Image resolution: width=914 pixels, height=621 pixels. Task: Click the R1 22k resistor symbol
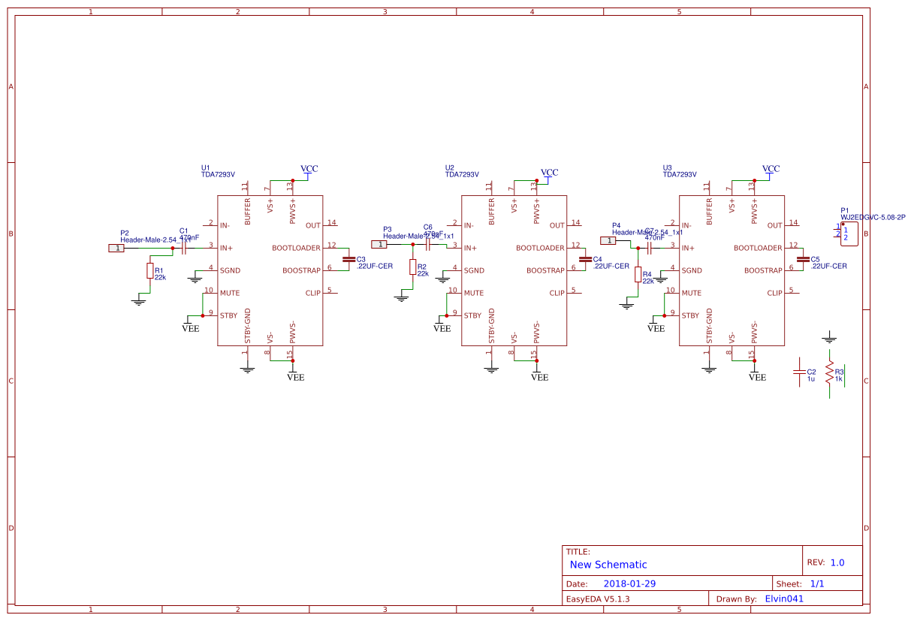[149, 271]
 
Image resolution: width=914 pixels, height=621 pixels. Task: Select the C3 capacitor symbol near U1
[348, 259]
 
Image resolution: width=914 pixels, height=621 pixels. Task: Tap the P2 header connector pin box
[116, 248]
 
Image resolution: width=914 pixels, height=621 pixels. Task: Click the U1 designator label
[206, 167]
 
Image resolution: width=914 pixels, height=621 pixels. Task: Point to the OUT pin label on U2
[557, 225]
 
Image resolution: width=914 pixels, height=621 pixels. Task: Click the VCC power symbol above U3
[771, 170]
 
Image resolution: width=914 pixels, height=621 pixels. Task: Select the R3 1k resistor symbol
[829, 373]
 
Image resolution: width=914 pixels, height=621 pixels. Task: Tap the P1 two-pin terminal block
[849, 234]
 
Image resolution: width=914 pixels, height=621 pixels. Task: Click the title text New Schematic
[608, 565]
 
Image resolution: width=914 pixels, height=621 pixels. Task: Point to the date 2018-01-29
[629, 583]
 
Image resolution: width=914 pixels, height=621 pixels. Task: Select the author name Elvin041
[784, 599]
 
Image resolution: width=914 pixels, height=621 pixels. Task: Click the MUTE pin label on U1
[230, 293]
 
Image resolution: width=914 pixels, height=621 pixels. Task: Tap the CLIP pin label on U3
[774, 293]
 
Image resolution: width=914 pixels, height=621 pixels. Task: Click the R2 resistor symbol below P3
[412, 267]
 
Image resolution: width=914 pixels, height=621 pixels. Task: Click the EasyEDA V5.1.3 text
[597, 599]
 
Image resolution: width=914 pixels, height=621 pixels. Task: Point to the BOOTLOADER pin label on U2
[540, 248]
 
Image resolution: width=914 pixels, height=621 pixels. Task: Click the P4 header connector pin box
[608, 240]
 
